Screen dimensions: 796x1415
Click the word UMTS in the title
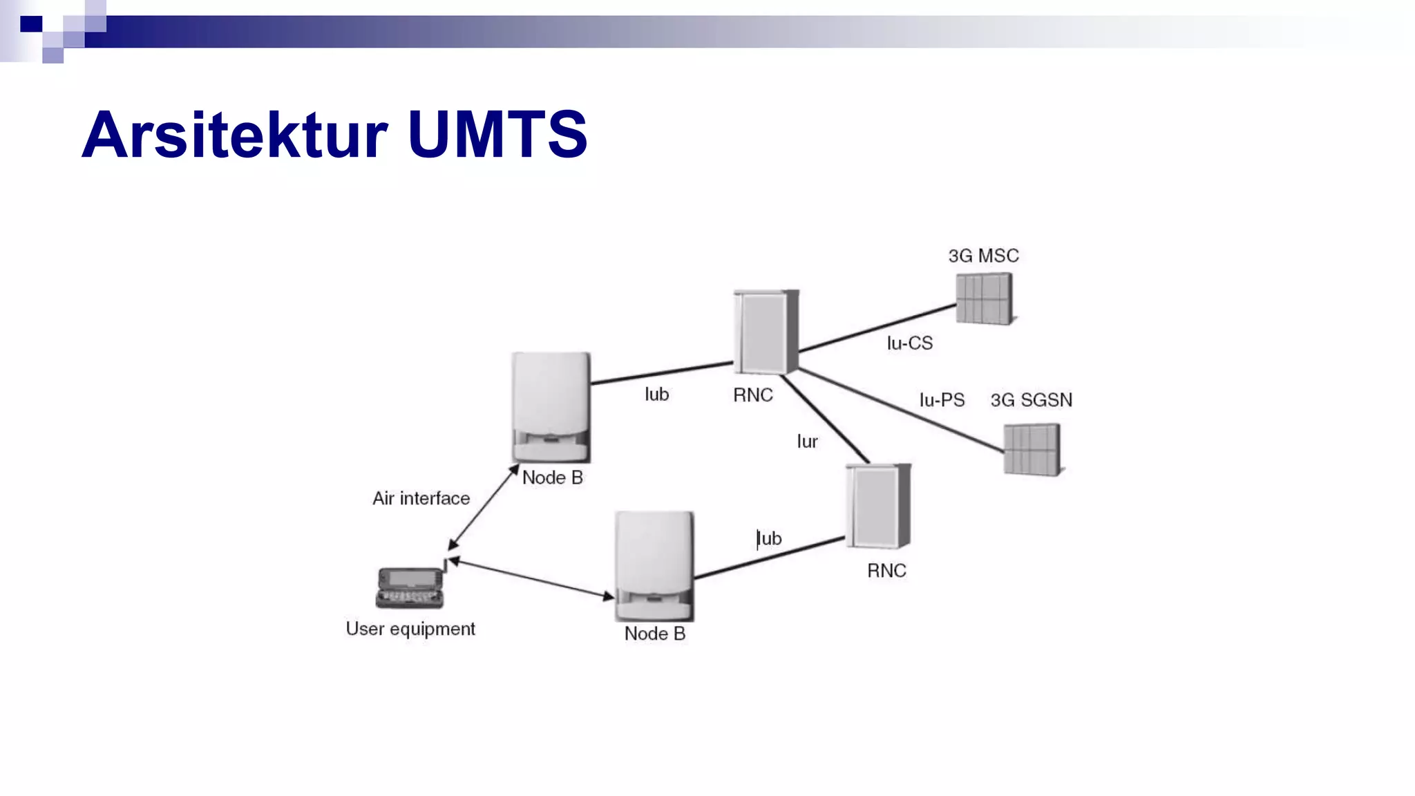497,135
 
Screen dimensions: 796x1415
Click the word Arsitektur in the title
235,135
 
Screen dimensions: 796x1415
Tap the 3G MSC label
983,256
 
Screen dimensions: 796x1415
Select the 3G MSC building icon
985,298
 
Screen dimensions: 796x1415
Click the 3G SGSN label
1031,400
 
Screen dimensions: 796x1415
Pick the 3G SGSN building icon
1032,450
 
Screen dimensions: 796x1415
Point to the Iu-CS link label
909,343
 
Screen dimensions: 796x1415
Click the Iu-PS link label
941,400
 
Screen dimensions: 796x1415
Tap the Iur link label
807,442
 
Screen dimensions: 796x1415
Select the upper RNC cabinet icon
766,332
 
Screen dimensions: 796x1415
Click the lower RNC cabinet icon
878,506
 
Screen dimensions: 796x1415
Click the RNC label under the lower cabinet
886,571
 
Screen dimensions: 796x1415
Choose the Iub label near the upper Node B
656,395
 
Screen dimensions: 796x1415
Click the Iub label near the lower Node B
769,538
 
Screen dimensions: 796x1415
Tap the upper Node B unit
551,407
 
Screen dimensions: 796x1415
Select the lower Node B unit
654,566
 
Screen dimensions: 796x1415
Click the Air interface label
421,499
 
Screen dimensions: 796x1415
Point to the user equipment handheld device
410,587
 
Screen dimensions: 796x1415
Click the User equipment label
410,629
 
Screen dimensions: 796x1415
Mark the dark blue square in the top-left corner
31,24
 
